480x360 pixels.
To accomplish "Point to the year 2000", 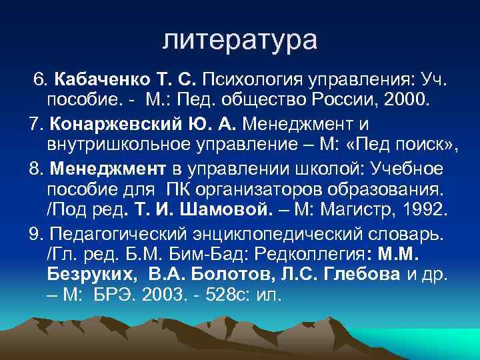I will click(x=409, y=102).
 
